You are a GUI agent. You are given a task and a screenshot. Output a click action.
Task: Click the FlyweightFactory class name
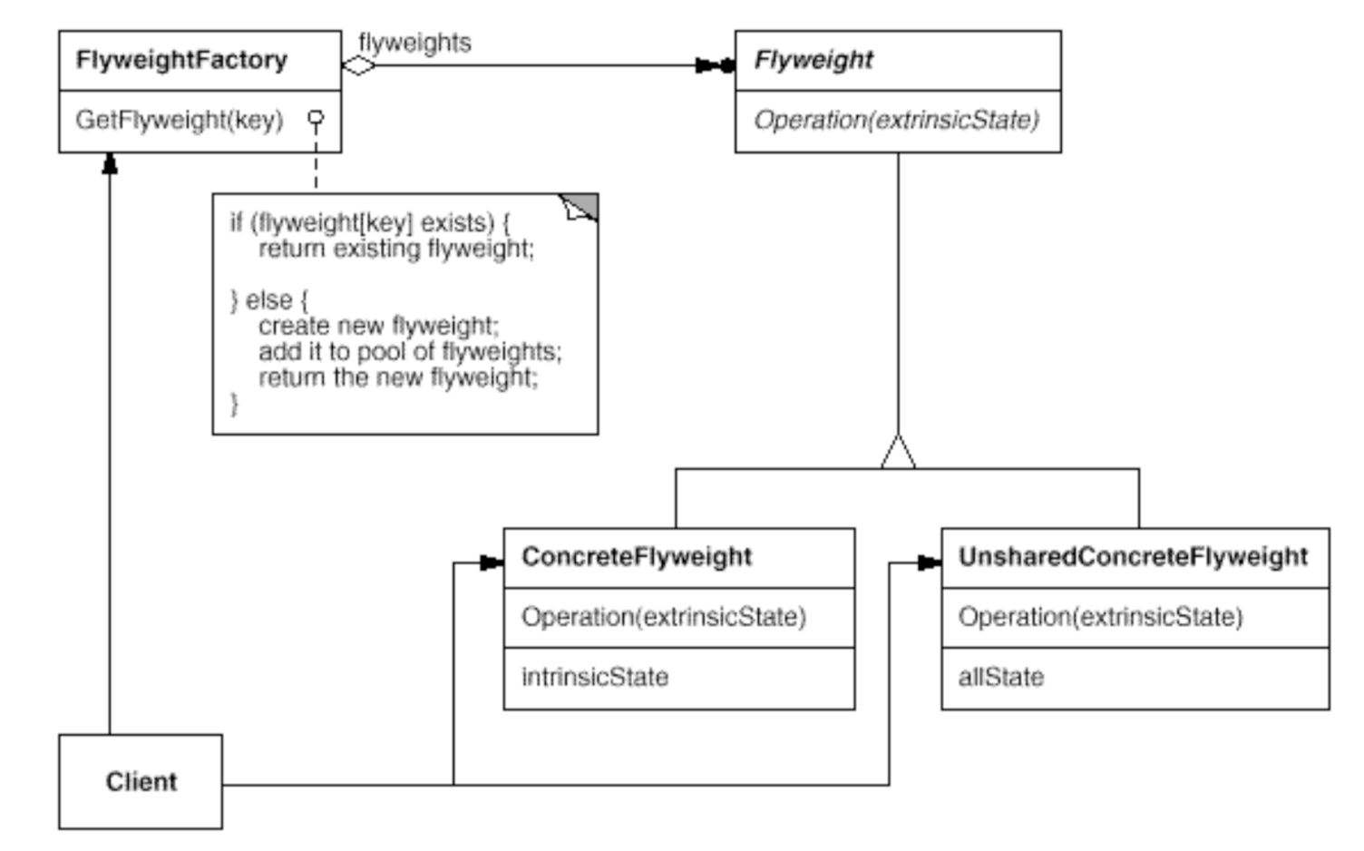point(181,60)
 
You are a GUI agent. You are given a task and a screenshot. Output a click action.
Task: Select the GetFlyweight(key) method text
point(180,120)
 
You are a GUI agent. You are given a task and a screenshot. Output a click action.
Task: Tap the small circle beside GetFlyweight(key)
point(316,118)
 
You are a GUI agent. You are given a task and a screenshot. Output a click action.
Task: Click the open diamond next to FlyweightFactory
point(358,65)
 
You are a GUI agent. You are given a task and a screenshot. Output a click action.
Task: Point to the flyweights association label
point(414,43)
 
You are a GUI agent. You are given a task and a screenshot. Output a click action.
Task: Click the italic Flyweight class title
point(814,60)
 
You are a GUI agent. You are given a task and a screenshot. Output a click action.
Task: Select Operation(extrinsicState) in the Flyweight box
point(896,120)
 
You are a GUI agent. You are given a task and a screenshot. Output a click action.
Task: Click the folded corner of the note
point(580,208)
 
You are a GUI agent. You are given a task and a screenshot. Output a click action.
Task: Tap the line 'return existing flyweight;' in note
point(396,249)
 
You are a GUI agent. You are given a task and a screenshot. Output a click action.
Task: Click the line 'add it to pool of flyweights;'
point(410,351)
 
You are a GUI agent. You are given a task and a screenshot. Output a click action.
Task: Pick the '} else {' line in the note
point(269,300)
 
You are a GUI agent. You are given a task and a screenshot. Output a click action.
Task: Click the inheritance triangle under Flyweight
point(898,453)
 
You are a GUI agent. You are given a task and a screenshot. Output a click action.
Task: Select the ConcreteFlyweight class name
point(636,556)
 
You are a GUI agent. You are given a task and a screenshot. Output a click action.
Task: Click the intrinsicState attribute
point(594,677)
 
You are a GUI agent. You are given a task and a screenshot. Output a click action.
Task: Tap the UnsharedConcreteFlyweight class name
point(1133,556)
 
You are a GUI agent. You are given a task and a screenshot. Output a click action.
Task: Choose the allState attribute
point(1000,677)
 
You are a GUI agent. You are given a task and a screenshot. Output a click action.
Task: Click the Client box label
point(141,781)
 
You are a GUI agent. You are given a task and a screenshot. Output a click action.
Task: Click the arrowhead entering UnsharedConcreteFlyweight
point(930,563)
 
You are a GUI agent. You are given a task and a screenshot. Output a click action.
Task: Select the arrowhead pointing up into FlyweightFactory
point(110,163)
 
